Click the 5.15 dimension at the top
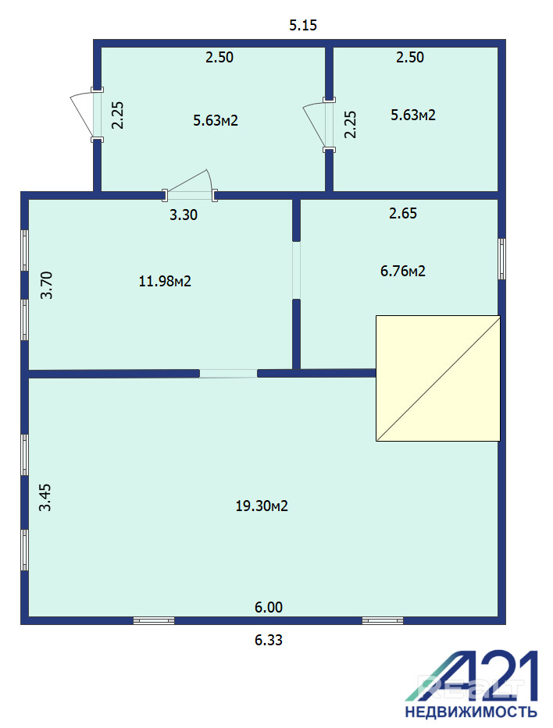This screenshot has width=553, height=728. [303, 25]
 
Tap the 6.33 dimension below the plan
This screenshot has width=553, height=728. [268, 641]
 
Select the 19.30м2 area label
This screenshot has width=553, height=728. [262, 506]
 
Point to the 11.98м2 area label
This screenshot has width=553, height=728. [165, 281]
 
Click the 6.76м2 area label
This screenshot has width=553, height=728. [403, 271]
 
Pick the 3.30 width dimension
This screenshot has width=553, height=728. [183, 215]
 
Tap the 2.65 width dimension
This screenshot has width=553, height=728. [403, 214]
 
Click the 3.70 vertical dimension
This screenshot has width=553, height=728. [46, 285]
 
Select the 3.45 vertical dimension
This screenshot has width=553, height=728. [45, 497]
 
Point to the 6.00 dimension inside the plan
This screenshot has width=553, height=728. [268, 607]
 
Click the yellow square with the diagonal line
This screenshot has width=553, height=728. [437, 378]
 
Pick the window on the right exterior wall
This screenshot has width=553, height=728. [502, 259]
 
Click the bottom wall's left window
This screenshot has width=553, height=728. [154, 621]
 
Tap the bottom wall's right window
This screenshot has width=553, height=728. [383, 621]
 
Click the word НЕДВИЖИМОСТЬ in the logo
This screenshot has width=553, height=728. [471, 712]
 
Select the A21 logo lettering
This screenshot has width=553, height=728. [472, 676]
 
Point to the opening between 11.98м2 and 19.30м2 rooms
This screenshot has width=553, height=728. [228, 373]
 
